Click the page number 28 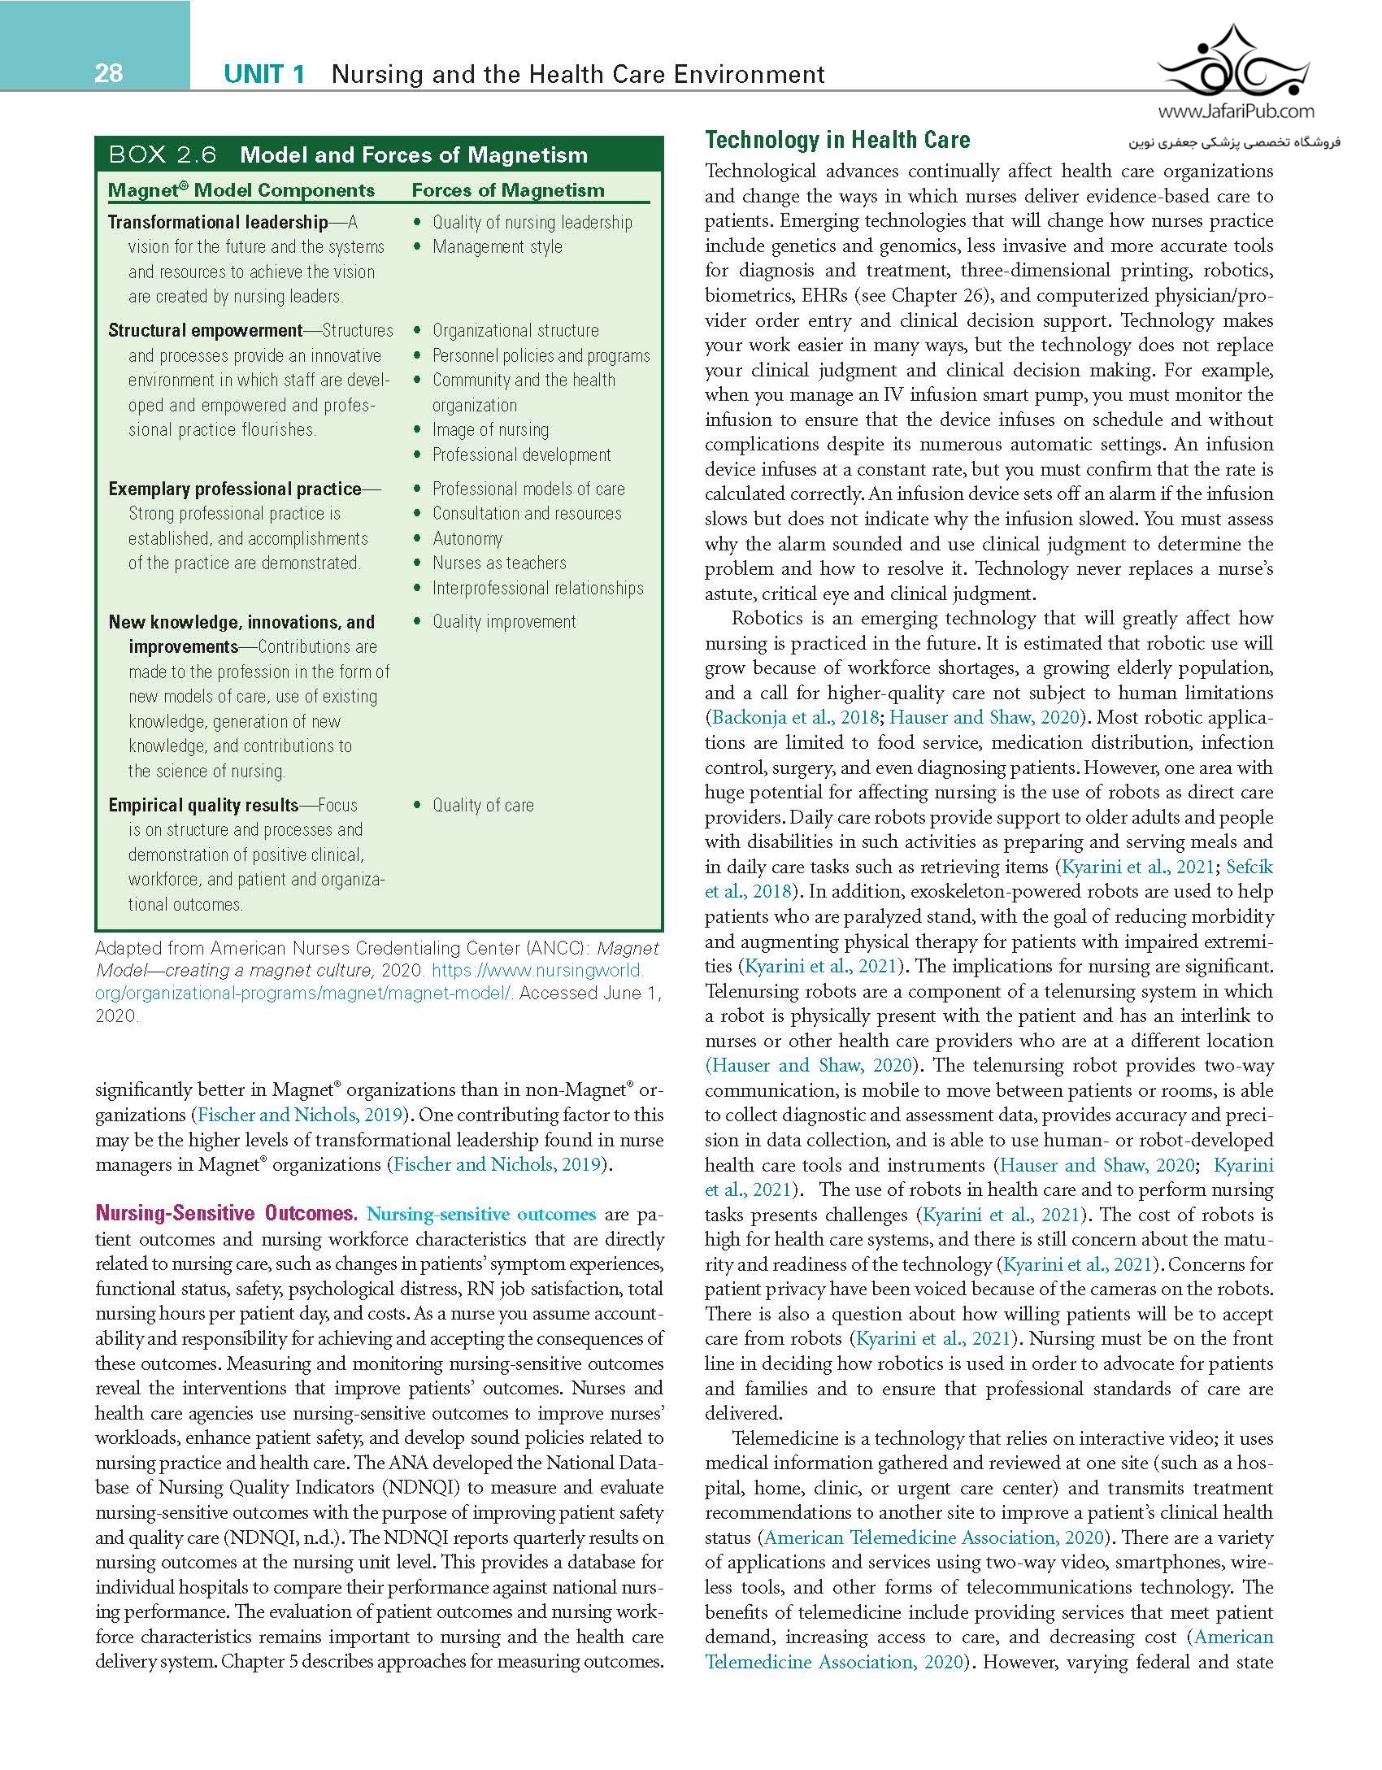108,74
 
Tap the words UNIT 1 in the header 264,75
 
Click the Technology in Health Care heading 837,141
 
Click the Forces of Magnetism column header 508,190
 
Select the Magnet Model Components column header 241,190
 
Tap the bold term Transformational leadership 218,222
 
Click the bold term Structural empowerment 206,330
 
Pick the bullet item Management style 497,246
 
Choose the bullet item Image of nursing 490,429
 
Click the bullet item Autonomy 467,538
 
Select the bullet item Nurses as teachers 499,563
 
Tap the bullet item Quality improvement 504,621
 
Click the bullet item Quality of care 483,805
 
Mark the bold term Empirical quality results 203,805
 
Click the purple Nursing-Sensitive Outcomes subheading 226,1213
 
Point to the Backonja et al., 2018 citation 795,717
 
